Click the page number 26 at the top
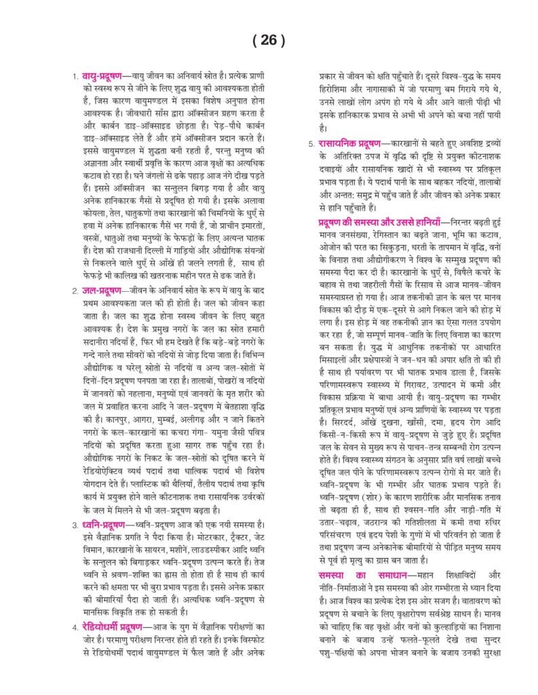(x=269, y=41)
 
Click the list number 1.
(x=75, y=76)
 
